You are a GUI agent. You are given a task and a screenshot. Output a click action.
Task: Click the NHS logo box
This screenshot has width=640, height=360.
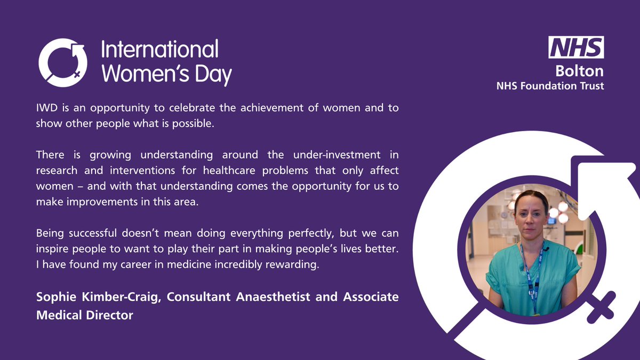tap(577, 47)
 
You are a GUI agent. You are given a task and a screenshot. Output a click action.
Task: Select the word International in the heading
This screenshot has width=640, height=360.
tap(159, 50)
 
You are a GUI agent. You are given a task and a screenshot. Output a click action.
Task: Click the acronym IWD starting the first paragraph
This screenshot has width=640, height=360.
tap(46, 108)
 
